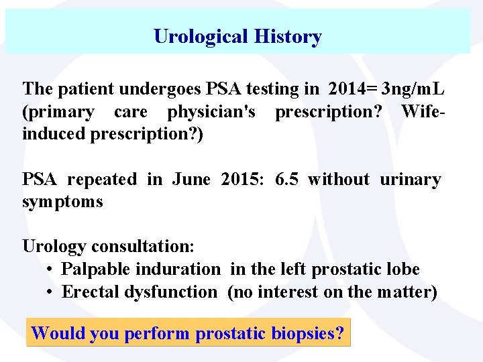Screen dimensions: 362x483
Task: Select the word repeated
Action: coord(102,179)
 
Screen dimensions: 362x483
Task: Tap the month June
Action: coord(191,179)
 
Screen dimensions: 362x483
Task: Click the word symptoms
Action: coord(62,202)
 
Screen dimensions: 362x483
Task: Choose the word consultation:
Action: coord(142,247)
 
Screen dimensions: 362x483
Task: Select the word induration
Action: coord(177,269)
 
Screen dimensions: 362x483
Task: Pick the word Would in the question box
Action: coord(54,333)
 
